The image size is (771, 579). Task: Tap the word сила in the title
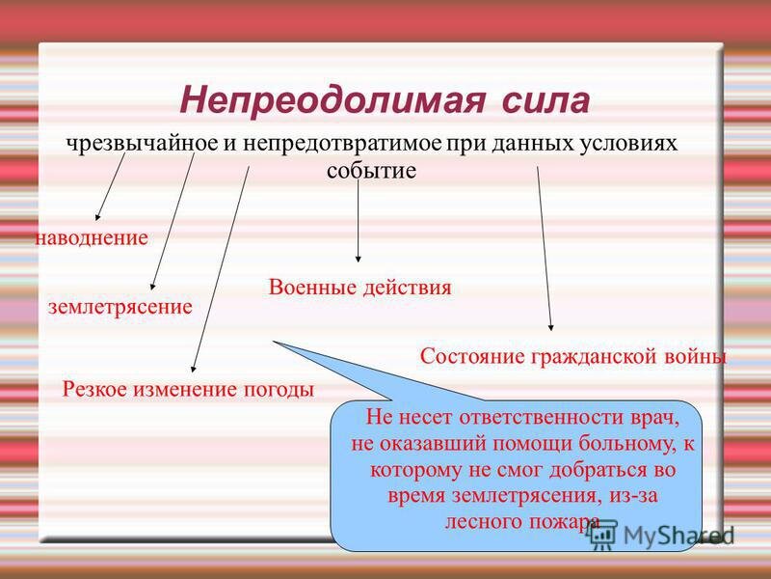[x=545, y=101]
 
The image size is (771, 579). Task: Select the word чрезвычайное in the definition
[x=143, y=144]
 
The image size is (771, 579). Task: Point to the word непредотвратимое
[x=342, y=144]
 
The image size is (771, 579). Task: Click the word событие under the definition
[x=371, y=171]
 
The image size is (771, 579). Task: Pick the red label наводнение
[x=92, y=238]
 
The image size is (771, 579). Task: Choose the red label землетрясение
[x=120, y=307]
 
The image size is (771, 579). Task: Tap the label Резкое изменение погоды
[x=188, y=390]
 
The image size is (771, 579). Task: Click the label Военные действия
[x=359, y=288]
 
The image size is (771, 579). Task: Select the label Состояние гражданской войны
[x=573, y=356]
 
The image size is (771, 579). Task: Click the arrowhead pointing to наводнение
[x=98, y=217]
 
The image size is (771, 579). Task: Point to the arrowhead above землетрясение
[x=153, y=287]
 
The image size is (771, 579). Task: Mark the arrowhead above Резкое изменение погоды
[x=194, y=369]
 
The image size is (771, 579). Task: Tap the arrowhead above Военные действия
[x=358, y=259]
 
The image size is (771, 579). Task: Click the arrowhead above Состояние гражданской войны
[x=551, y=327]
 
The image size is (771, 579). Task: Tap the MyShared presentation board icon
[x=604, y=535]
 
